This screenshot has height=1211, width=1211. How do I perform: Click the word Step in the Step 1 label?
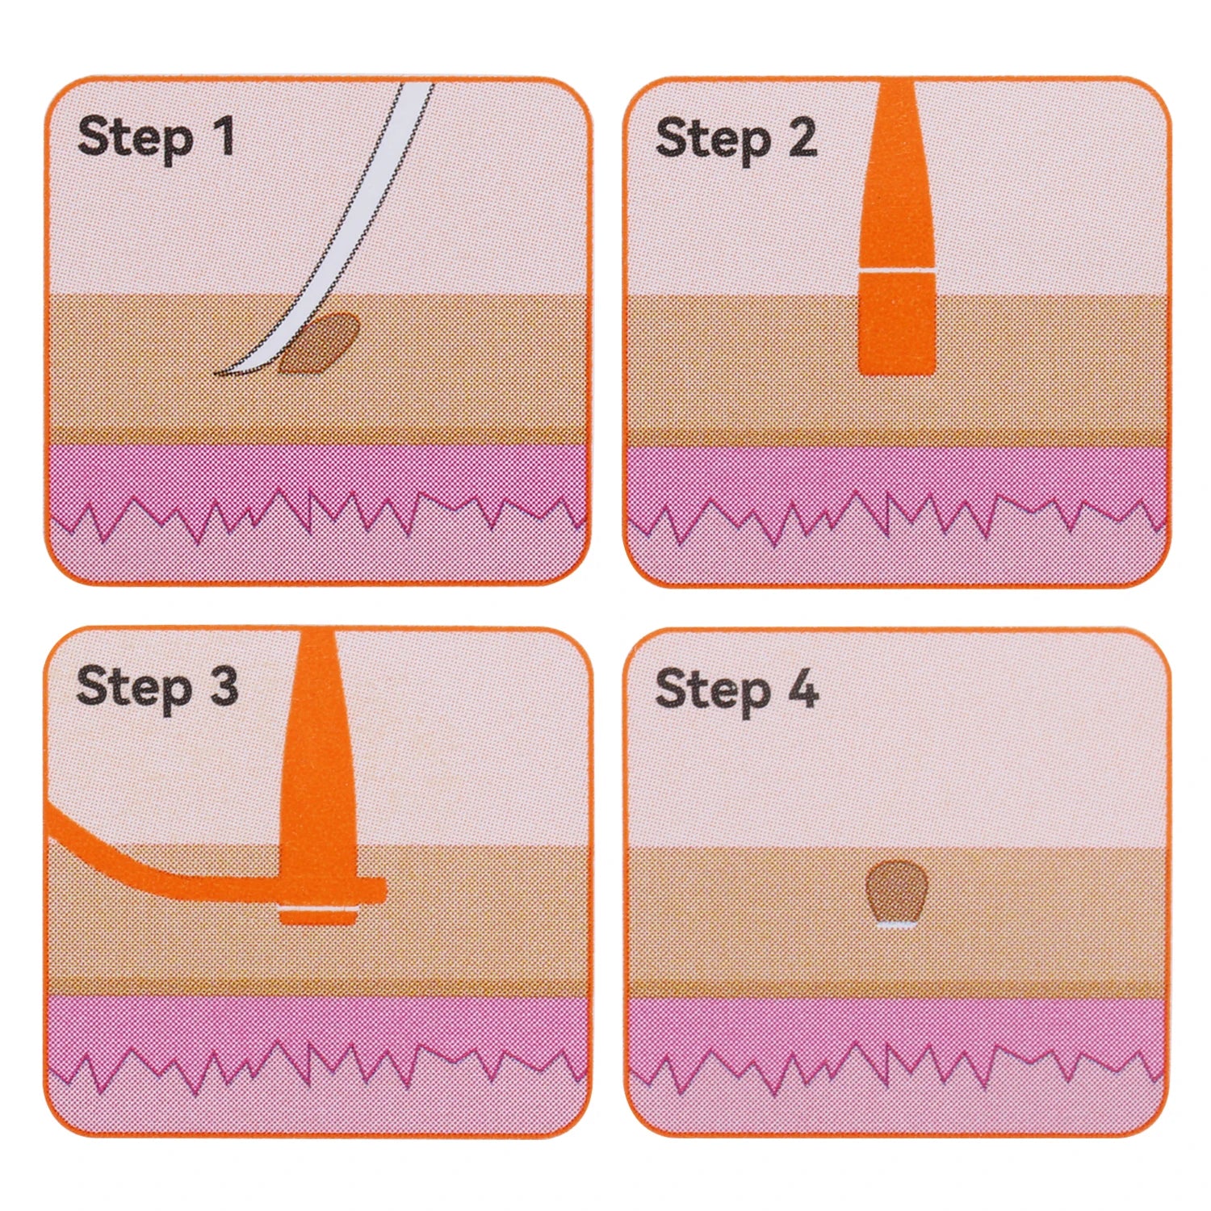coord(136,140)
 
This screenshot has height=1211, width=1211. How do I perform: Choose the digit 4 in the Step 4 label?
coord(802,689)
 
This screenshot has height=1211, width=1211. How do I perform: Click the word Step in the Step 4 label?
coord(713,693)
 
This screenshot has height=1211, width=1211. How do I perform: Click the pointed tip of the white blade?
coord(216,373)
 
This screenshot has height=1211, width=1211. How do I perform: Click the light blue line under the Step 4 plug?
coord(897,924)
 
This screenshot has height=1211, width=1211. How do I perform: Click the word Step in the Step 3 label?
coord(134,689)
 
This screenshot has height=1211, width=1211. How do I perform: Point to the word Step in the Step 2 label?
coord(713,141)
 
